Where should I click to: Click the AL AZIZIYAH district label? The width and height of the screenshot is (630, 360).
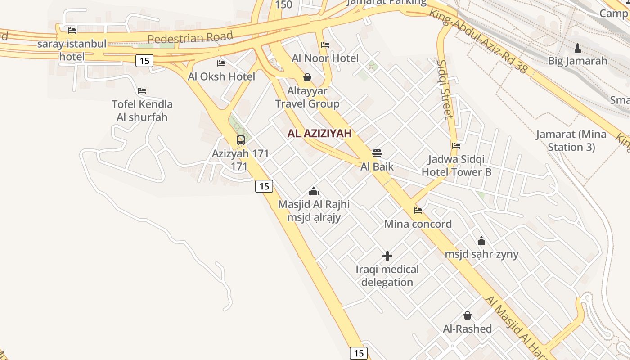click(319, 133)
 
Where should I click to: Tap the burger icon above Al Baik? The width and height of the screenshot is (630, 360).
click(377, 153)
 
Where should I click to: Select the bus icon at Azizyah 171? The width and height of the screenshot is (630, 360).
click(241, 140)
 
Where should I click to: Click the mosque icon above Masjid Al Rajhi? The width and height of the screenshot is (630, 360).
click(314, 191)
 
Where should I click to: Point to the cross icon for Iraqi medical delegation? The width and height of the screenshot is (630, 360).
click(387, 256)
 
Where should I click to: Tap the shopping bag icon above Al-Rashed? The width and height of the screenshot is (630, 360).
click(468, 315)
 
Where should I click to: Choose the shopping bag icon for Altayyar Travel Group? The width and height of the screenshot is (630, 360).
click(307, 77)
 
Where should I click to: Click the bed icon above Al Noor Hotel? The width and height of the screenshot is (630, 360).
click(325, 45)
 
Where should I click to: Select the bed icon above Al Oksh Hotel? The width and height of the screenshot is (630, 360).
click(221, 63)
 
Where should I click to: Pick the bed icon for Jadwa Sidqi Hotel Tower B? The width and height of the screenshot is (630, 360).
click(456, 146)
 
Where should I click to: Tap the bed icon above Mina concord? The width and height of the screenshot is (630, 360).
click(418, 210)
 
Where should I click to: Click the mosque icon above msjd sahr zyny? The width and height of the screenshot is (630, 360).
click(481, 241)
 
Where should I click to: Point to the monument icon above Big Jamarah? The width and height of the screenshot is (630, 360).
click(578, 47)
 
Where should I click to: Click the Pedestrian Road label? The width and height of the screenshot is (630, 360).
click(190, 37)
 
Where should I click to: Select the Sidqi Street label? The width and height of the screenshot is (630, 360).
click(445, 89)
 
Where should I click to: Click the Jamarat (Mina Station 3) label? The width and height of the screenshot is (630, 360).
click(571, 140)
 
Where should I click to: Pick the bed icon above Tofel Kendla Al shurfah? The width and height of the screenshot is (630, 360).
click(142, 91)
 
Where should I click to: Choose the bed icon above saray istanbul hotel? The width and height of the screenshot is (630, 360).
click(72, 31)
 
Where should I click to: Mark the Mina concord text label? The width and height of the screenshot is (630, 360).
click(418, 224)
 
